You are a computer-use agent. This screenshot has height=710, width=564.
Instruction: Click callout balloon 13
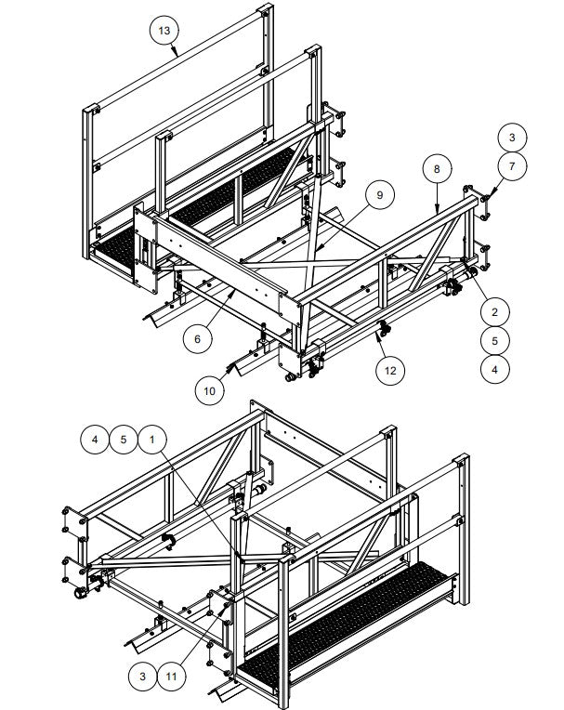164,31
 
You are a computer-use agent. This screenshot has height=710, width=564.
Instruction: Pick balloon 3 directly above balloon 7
511,137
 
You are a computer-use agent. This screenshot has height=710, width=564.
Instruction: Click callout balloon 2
495,311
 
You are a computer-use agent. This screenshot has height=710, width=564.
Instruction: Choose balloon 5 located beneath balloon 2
495,340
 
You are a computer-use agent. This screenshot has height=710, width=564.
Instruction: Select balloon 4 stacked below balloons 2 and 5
495,369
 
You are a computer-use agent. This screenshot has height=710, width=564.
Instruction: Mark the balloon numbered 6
196,339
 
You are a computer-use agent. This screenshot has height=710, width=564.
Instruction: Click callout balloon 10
210,390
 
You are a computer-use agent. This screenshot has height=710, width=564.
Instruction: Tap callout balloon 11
170,676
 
